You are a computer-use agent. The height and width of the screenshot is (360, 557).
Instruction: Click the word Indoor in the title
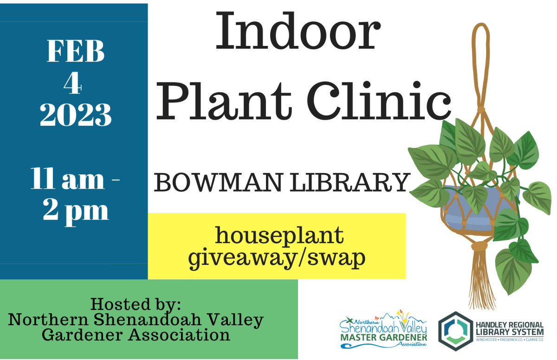pyautogui.click(x=296, y=31)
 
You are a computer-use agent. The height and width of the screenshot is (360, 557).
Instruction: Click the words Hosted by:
pyautogui.click(x=136, y=304)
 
